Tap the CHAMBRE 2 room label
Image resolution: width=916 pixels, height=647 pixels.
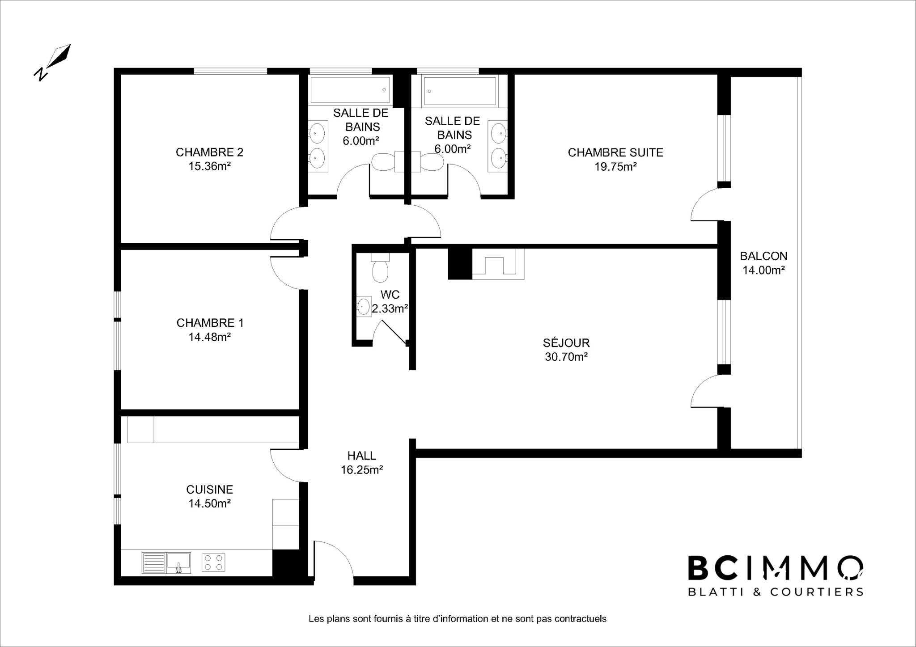(x=209, y=152)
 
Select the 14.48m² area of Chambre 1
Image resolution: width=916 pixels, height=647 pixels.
(x=209, y=337)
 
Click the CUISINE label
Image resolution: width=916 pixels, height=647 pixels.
(x=209, y=490)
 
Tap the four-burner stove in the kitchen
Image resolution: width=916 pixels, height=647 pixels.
(x=213, y=562)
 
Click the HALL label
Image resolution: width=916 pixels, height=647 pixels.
(x=361, y=456)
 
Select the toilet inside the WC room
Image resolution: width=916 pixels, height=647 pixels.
(x=380, y=267)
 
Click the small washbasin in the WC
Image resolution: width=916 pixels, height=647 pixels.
(x=364, y=307)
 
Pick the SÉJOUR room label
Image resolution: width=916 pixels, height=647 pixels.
(x=566, y=343)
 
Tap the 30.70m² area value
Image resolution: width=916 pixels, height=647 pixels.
(x=566, y=357)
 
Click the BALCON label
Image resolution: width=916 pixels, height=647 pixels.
(x=763, y=256)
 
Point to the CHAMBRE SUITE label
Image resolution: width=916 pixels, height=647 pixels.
(x=615, y=152)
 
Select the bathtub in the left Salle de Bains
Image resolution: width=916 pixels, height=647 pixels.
(x=350, y=90)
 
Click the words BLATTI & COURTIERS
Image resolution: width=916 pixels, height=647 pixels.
(x=775, y=592)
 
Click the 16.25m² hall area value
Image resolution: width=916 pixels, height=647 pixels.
(x=362, y=470)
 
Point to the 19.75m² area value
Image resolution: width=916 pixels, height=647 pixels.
(x=615, y=167)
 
